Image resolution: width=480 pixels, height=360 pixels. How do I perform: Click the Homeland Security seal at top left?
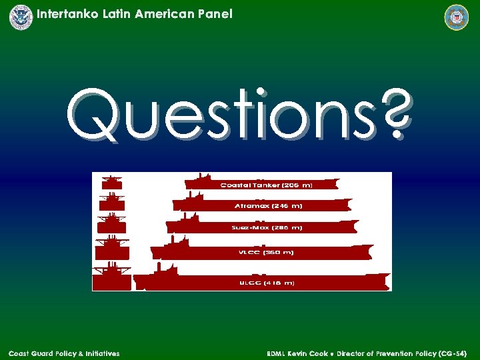[x=21, y=17]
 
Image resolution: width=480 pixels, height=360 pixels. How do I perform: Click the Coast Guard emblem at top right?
[x=457, y=17]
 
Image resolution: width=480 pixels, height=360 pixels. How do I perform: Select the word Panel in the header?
[x=215, y=13]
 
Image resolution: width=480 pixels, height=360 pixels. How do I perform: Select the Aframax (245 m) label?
[x=268, y=206]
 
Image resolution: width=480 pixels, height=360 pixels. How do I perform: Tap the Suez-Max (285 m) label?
[x=267, y=227]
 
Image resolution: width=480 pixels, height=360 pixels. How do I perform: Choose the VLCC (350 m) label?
[x=266, y=253]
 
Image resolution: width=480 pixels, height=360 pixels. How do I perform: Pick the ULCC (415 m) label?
[x=267, y=283]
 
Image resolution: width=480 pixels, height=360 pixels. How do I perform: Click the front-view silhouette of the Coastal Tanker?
[x=111, y=182]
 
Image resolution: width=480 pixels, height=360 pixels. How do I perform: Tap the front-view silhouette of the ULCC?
[x=111, y=277]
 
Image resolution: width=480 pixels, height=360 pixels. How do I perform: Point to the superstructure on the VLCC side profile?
[x=178, y=242]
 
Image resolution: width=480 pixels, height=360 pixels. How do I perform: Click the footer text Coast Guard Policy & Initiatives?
[x=64, y=353]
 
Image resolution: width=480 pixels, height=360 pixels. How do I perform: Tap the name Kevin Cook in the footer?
[x=307, y=353]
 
